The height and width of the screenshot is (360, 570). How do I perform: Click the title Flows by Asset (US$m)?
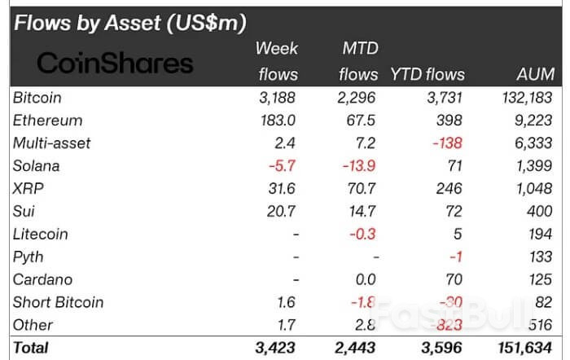pyautogui.click(x=130, y=23)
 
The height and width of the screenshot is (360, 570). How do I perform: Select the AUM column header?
pyautogui.click(x=535, y=74)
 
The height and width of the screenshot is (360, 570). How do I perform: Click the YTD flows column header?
pyautogui.click(x=427, y=74)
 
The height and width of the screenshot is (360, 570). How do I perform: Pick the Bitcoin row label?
pyautogui.click(x=37, y=98)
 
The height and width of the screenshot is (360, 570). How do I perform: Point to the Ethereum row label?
pyautogui.click(x=48, y=121)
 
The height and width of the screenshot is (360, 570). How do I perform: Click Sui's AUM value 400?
pyautogui.click(x=541, y=212)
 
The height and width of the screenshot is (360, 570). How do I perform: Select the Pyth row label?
pyautogui.click(x=28, y=257)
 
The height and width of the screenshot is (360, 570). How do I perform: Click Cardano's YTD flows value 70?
pyautogui.click(x=454, y=279)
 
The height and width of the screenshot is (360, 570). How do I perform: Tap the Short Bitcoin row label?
pyautogui.click(x=59, y=302)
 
